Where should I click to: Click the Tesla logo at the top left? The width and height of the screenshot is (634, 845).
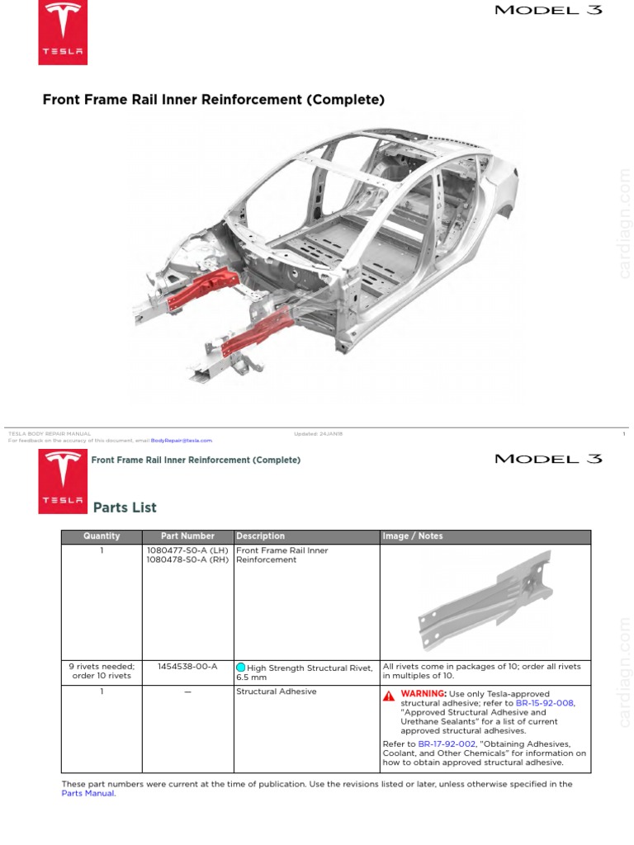pos(63,32)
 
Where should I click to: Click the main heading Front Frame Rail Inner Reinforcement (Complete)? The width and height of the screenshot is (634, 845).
pos(214,101)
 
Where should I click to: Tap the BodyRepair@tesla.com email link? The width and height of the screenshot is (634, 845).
pos(182,441)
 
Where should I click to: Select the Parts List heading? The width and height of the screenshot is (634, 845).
pos(125,507)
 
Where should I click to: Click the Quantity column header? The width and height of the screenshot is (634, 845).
pos(102,536)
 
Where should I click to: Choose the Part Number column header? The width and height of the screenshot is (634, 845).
pos(187,536)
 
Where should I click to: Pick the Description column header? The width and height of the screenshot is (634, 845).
pos(260,536)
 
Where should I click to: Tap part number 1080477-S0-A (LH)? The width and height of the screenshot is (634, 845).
pos(187,550)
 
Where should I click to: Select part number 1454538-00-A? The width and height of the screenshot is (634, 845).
pos(187,666)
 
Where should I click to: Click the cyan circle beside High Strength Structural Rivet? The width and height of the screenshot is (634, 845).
pos(241,668)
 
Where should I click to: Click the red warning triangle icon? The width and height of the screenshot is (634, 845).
pos(389,695)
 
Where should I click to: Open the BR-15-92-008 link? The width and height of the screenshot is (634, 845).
pos(544,703)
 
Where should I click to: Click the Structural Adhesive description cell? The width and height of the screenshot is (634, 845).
pos(276,692)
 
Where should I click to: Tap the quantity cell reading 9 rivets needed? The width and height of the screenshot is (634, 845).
pos(102,671)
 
